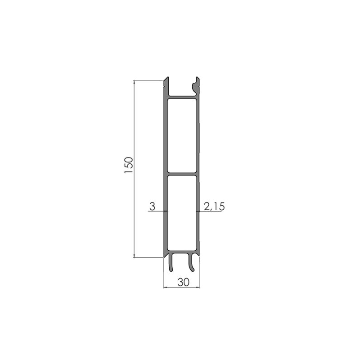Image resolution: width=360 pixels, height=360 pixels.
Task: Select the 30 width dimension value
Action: [x=183, y=282]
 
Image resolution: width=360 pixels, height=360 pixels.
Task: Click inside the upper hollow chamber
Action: [x=182, y=135]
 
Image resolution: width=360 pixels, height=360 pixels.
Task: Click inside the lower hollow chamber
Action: [x=182, y=211]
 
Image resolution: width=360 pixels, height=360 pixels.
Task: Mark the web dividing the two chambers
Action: [x=182, y=173]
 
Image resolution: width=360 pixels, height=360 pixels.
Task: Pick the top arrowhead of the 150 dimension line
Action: [x=135, y=82]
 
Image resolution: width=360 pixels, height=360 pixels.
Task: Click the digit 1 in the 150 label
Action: [x=128, y=173]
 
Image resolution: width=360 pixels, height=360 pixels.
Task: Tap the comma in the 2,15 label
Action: [x=210, y=210]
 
